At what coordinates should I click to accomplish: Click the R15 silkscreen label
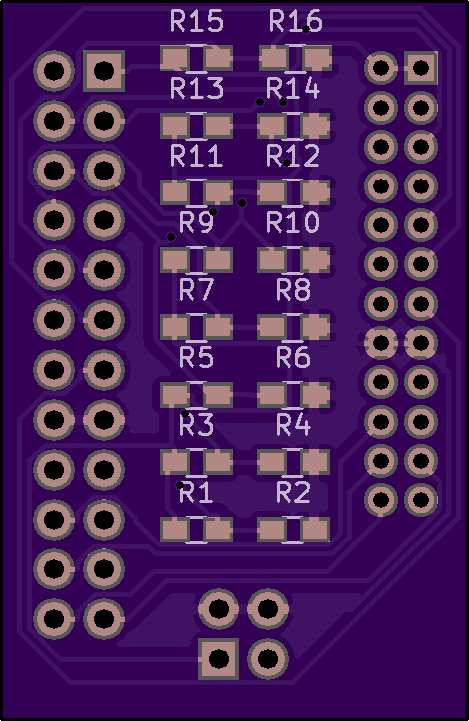(196, 21)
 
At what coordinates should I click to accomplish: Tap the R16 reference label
(295, 21)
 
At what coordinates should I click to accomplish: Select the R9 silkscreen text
(196, 222)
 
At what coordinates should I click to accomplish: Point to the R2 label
(293, 492)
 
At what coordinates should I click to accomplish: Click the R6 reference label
(293, 357)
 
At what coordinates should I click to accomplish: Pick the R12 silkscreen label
(293, 156)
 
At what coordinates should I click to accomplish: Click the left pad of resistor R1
(174, 530)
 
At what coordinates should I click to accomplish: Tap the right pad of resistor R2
(315, 530)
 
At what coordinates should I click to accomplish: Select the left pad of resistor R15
(174, 59)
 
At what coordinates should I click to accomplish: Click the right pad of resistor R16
(317, 59)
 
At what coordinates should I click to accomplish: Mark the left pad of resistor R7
(174, 327)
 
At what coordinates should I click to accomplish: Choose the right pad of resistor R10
(315, 260)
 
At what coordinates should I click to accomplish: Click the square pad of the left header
(104, 71)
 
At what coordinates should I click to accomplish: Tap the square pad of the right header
(421, 68)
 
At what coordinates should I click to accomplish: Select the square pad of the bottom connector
(219, 658)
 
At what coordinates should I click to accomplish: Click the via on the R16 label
(306, 29)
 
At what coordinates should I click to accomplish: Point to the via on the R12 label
(286, 163)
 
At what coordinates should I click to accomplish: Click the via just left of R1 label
(179, 485)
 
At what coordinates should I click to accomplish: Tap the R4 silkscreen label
(293, 425)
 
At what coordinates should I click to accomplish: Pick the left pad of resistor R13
(174, 126)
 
